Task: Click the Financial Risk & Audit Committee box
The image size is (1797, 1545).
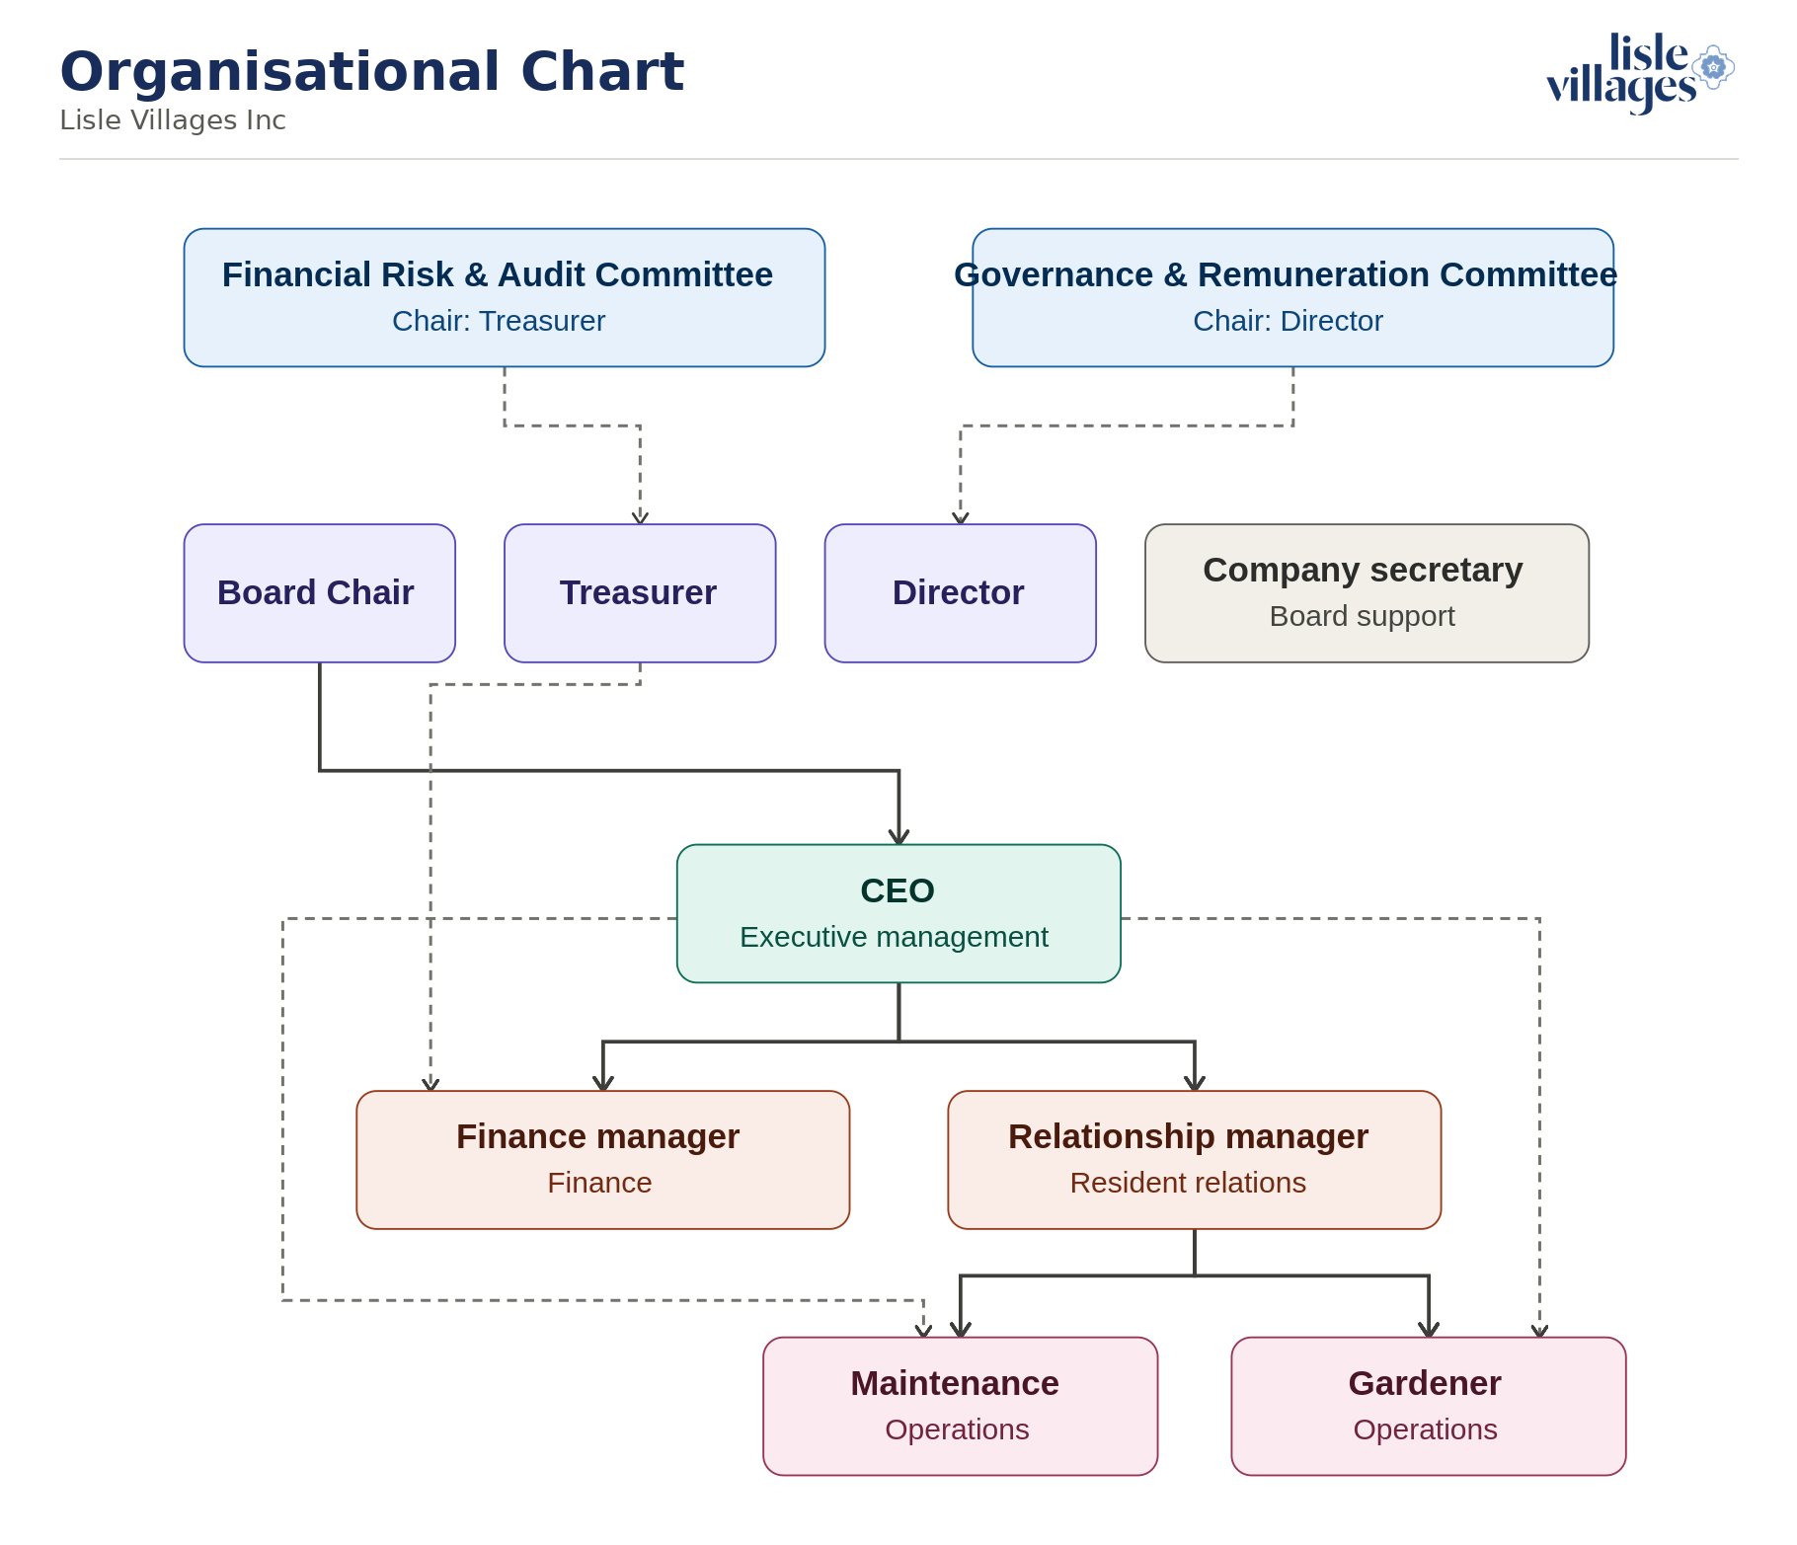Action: click(505, 298)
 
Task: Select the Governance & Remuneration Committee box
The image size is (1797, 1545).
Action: click(1292, 298)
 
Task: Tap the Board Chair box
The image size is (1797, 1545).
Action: click(320, 593)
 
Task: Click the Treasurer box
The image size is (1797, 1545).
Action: click(640, 593)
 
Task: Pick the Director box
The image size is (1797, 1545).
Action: click(961, 593)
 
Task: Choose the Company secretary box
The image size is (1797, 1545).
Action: click(1367, 593)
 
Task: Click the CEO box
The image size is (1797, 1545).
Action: click(898, 913)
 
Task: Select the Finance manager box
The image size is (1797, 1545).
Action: click(603, 1160)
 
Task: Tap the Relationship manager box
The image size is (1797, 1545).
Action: click(1195, 1160)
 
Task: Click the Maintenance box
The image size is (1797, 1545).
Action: click(961, 1407)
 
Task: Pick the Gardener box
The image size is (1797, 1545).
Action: click(1429, 1407)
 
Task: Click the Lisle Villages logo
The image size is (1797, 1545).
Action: click(1640, 73)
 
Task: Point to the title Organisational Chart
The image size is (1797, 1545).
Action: click(372, 71)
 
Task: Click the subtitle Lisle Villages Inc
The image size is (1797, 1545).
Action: click(173, 120)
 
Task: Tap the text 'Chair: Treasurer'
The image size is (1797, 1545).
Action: click(499, 321)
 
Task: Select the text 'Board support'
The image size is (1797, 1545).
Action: click(1363, 616)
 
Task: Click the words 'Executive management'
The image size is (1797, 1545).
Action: click(895, 937)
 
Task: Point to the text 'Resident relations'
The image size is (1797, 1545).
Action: click(1189, 1183)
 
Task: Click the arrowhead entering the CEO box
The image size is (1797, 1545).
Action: click(898, 836)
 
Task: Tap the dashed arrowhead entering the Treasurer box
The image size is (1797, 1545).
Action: click(640, 517)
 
